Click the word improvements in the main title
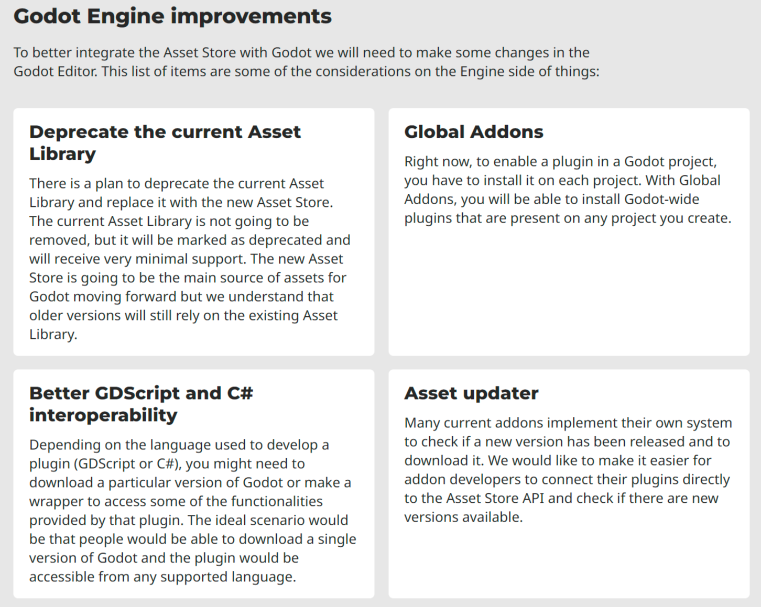(251, 17)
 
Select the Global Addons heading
(473, 132)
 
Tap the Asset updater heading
(471, 394)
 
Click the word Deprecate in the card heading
(78, 133)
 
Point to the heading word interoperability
(103, 415)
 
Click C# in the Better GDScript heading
(240, 393)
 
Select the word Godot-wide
(661, 199)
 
